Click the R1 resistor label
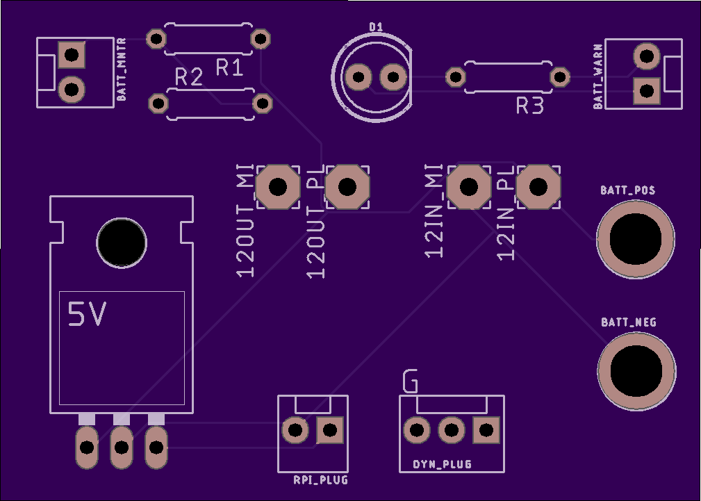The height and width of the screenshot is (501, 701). (x=229, y=67)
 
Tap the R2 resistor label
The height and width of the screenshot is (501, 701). (x=189, y=77)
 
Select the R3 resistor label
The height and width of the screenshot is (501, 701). (x=530, y=106)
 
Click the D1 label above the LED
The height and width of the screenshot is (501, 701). (x=376, y=27)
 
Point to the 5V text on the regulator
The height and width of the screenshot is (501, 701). (x=87, y=315)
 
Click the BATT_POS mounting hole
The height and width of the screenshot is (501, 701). (x=635, y=239)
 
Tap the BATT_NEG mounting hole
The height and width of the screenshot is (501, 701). (x=636, y=371)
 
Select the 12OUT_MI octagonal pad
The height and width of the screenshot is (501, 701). (x=278, y=187)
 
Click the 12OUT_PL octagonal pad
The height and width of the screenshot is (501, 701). (x=347, y=187)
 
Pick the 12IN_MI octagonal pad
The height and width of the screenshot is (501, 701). (x=468, y=187)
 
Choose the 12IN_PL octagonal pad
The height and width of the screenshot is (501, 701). (x=538, y=187)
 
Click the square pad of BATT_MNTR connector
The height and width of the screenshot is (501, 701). (x=72, y=55)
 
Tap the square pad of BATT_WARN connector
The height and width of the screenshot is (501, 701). (x=646, y=91)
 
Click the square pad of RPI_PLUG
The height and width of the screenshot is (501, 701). (x=330, y=430)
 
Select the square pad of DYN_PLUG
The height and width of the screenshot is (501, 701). (x=486, y=430)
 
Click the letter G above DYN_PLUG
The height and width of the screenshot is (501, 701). (x=410, y=381)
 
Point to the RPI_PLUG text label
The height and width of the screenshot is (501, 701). (x=320, y=480)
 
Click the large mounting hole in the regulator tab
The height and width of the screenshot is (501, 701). (x=122, y=243)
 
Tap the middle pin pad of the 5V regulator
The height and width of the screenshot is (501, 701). (x=122, y=447)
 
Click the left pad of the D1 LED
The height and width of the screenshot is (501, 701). (x=358, y=77)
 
